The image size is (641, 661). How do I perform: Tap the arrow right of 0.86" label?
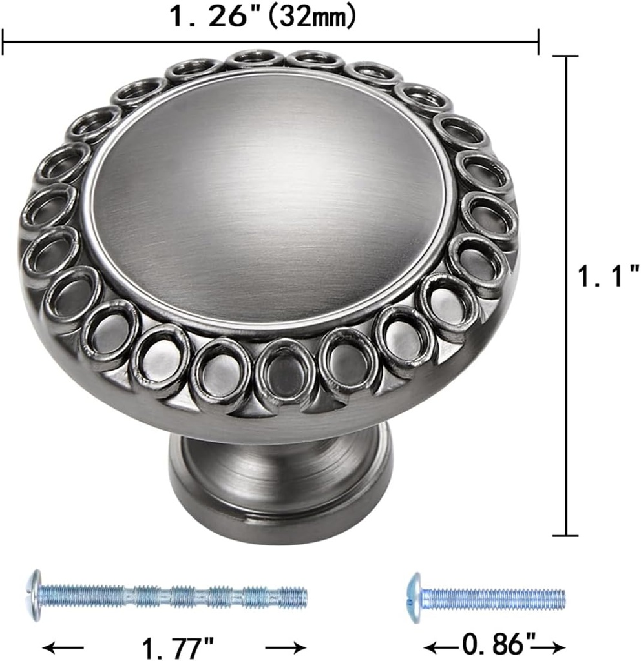pos(553,645)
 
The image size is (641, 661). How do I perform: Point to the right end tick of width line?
pos(538,43)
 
